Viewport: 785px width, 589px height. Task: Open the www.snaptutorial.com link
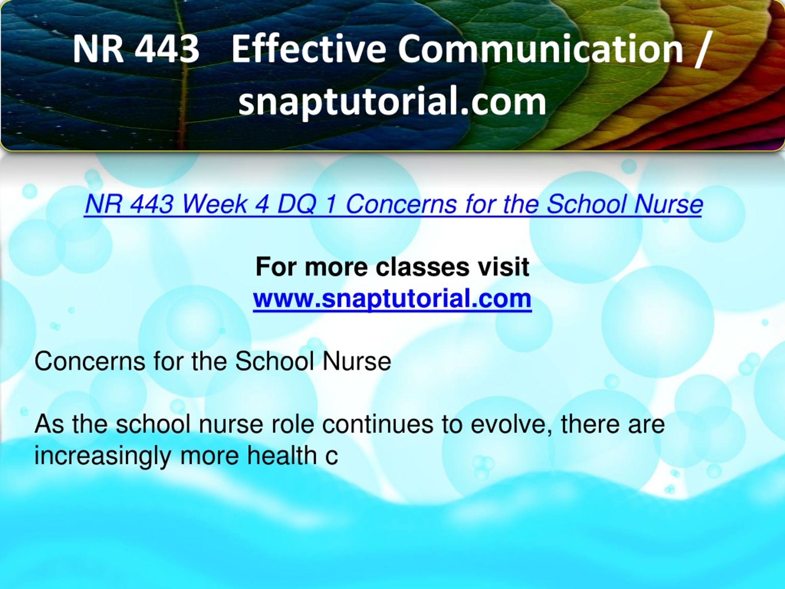392,298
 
